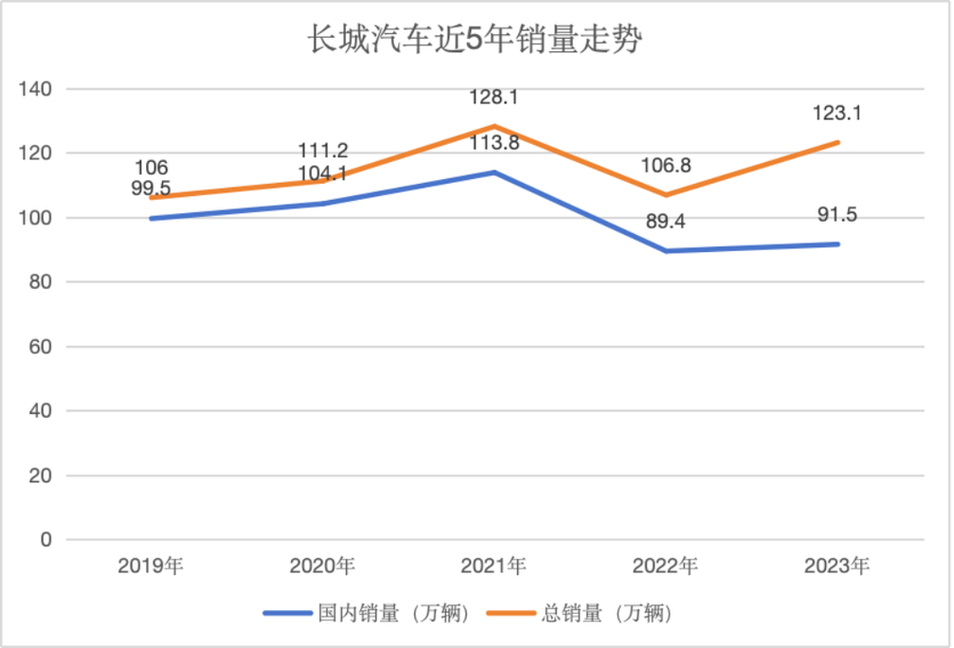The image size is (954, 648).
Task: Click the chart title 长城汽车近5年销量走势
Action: [x=476, y=41]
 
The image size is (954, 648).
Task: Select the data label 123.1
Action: [x=836, y=114]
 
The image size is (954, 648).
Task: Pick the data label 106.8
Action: [x=665, y=166]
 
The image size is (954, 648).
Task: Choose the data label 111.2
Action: [x=321, y=151]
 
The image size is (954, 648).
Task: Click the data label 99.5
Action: [x=151, y=189]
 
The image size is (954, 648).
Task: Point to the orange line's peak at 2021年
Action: [x=493, y=126]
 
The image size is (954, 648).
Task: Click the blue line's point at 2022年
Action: [x=665, y=251]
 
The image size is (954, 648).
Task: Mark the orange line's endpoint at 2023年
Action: [x=836, y=142]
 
